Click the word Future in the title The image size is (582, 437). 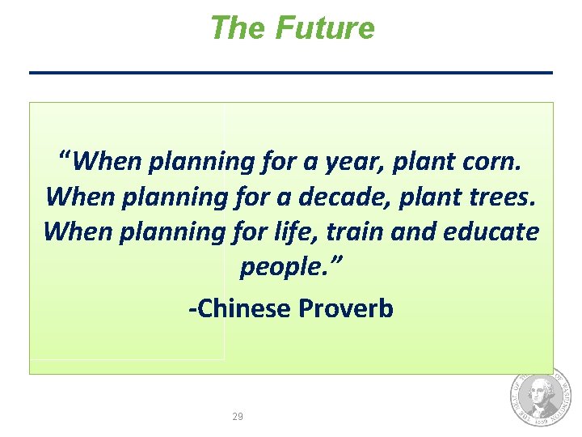point(325,28)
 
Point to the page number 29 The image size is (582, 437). point(238,417)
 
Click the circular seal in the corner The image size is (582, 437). point(539,397)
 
